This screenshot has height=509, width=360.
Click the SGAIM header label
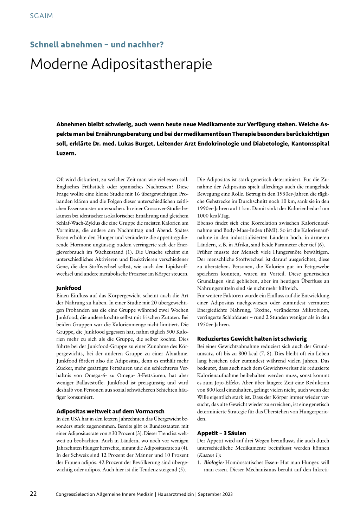point(41,16)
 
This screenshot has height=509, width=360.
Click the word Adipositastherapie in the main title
point(152,64)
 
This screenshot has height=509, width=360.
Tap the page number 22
point(33,494)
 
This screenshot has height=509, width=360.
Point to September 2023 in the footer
point(215,494)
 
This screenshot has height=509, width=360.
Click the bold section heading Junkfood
point(69,288)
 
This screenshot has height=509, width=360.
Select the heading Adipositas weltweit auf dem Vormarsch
point(110,411)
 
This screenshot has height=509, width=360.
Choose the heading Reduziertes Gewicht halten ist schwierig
point(252,339)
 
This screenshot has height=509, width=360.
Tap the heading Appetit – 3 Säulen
point(221,433)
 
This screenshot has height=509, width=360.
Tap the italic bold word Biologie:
point(214,463)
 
